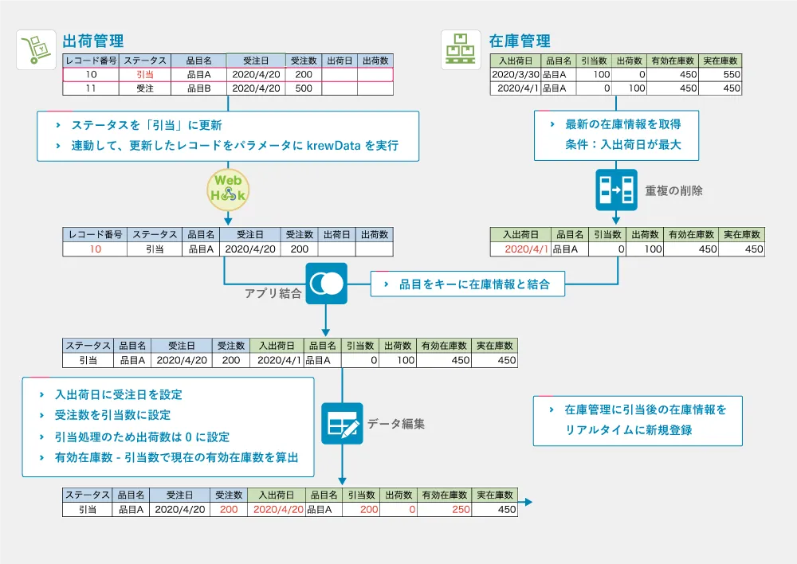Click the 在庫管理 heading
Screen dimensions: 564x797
click(519, 41)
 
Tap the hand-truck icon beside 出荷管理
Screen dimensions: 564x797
click(36, 49)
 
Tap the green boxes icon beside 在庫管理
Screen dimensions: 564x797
click(461, 49)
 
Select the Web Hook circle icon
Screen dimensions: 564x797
click(229, 189)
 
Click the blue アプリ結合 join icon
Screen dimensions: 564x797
click(326, 284)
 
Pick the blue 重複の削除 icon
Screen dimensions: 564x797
click(616, 190)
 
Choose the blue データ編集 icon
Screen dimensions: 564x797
click(342, 423)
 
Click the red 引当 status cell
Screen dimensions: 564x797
click(145, 74)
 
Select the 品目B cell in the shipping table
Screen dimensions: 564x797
click(198, 88)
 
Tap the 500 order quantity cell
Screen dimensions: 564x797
click(303, 88)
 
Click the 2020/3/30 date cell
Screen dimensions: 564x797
click(515, 74)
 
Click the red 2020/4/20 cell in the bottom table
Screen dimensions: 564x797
click(277, 509)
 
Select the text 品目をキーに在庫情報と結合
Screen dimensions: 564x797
click(474, 284)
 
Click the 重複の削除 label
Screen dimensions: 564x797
click(674, 190)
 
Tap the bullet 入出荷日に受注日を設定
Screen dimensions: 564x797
click(119, 394)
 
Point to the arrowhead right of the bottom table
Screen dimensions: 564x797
click(528, 503)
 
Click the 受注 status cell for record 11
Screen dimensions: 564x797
click(145, 88)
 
